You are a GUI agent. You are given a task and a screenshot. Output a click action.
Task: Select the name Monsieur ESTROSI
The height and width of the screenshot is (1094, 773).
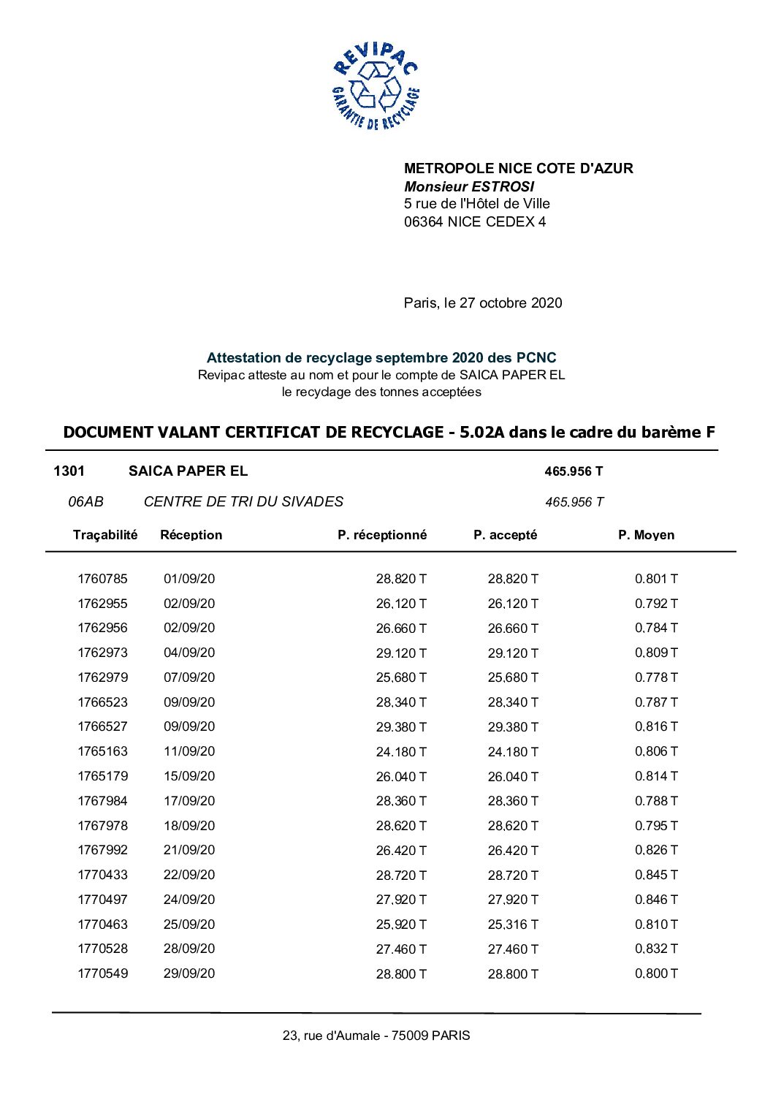click(x=469, y=186)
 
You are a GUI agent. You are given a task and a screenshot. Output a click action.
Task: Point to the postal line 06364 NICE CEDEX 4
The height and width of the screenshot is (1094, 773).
click(x=474, y=221)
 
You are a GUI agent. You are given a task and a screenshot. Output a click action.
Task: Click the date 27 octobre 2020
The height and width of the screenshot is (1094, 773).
click(x=511, y=303)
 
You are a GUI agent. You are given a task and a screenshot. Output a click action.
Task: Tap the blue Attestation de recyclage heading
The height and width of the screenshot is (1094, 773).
click(x=381, y=357)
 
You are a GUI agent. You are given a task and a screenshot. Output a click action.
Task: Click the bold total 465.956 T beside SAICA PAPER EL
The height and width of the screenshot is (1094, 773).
click(x=574, y=471)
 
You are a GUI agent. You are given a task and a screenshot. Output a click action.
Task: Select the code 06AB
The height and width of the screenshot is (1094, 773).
click(x=85, y=501)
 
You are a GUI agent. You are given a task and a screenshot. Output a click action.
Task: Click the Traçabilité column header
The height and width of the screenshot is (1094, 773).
click(x=105, y=535)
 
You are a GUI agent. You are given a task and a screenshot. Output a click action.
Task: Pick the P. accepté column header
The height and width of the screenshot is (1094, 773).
click(x=505, y=535)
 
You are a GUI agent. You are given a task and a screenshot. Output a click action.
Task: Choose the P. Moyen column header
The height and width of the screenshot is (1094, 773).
click(x=646, y=535)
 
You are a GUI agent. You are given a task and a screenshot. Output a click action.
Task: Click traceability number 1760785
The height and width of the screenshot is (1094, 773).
click(x=102, y=579)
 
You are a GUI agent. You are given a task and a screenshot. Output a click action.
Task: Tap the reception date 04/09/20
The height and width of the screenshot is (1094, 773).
click(x=189, y=653)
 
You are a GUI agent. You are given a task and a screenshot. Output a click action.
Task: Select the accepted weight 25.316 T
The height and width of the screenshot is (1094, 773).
click(x=513, y=924)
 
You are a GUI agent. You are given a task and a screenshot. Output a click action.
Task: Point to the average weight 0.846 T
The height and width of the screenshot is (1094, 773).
click(x=656, y=900)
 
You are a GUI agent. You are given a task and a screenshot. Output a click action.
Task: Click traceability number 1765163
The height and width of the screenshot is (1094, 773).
click(x=102, y=751)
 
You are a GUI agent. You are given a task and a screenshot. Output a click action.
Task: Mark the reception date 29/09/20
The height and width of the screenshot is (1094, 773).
click(x=189, y=973)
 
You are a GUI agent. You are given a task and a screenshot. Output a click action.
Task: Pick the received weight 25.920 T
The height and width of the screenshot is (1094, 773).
click(x=401, y=924)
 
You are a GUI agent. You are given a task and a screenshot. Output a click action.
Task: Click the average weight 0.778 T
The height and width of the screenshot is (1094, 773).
click(x=656, y=677)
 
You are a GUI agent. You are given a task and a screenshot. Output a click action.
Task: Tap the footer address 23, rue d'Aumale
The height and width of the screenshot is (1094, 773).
click(x=376, y=1036)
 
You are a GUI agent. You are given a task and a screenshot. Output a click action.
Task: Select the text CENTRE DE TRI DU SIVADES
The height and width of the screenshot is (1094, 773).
click(x=243, y=501)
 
